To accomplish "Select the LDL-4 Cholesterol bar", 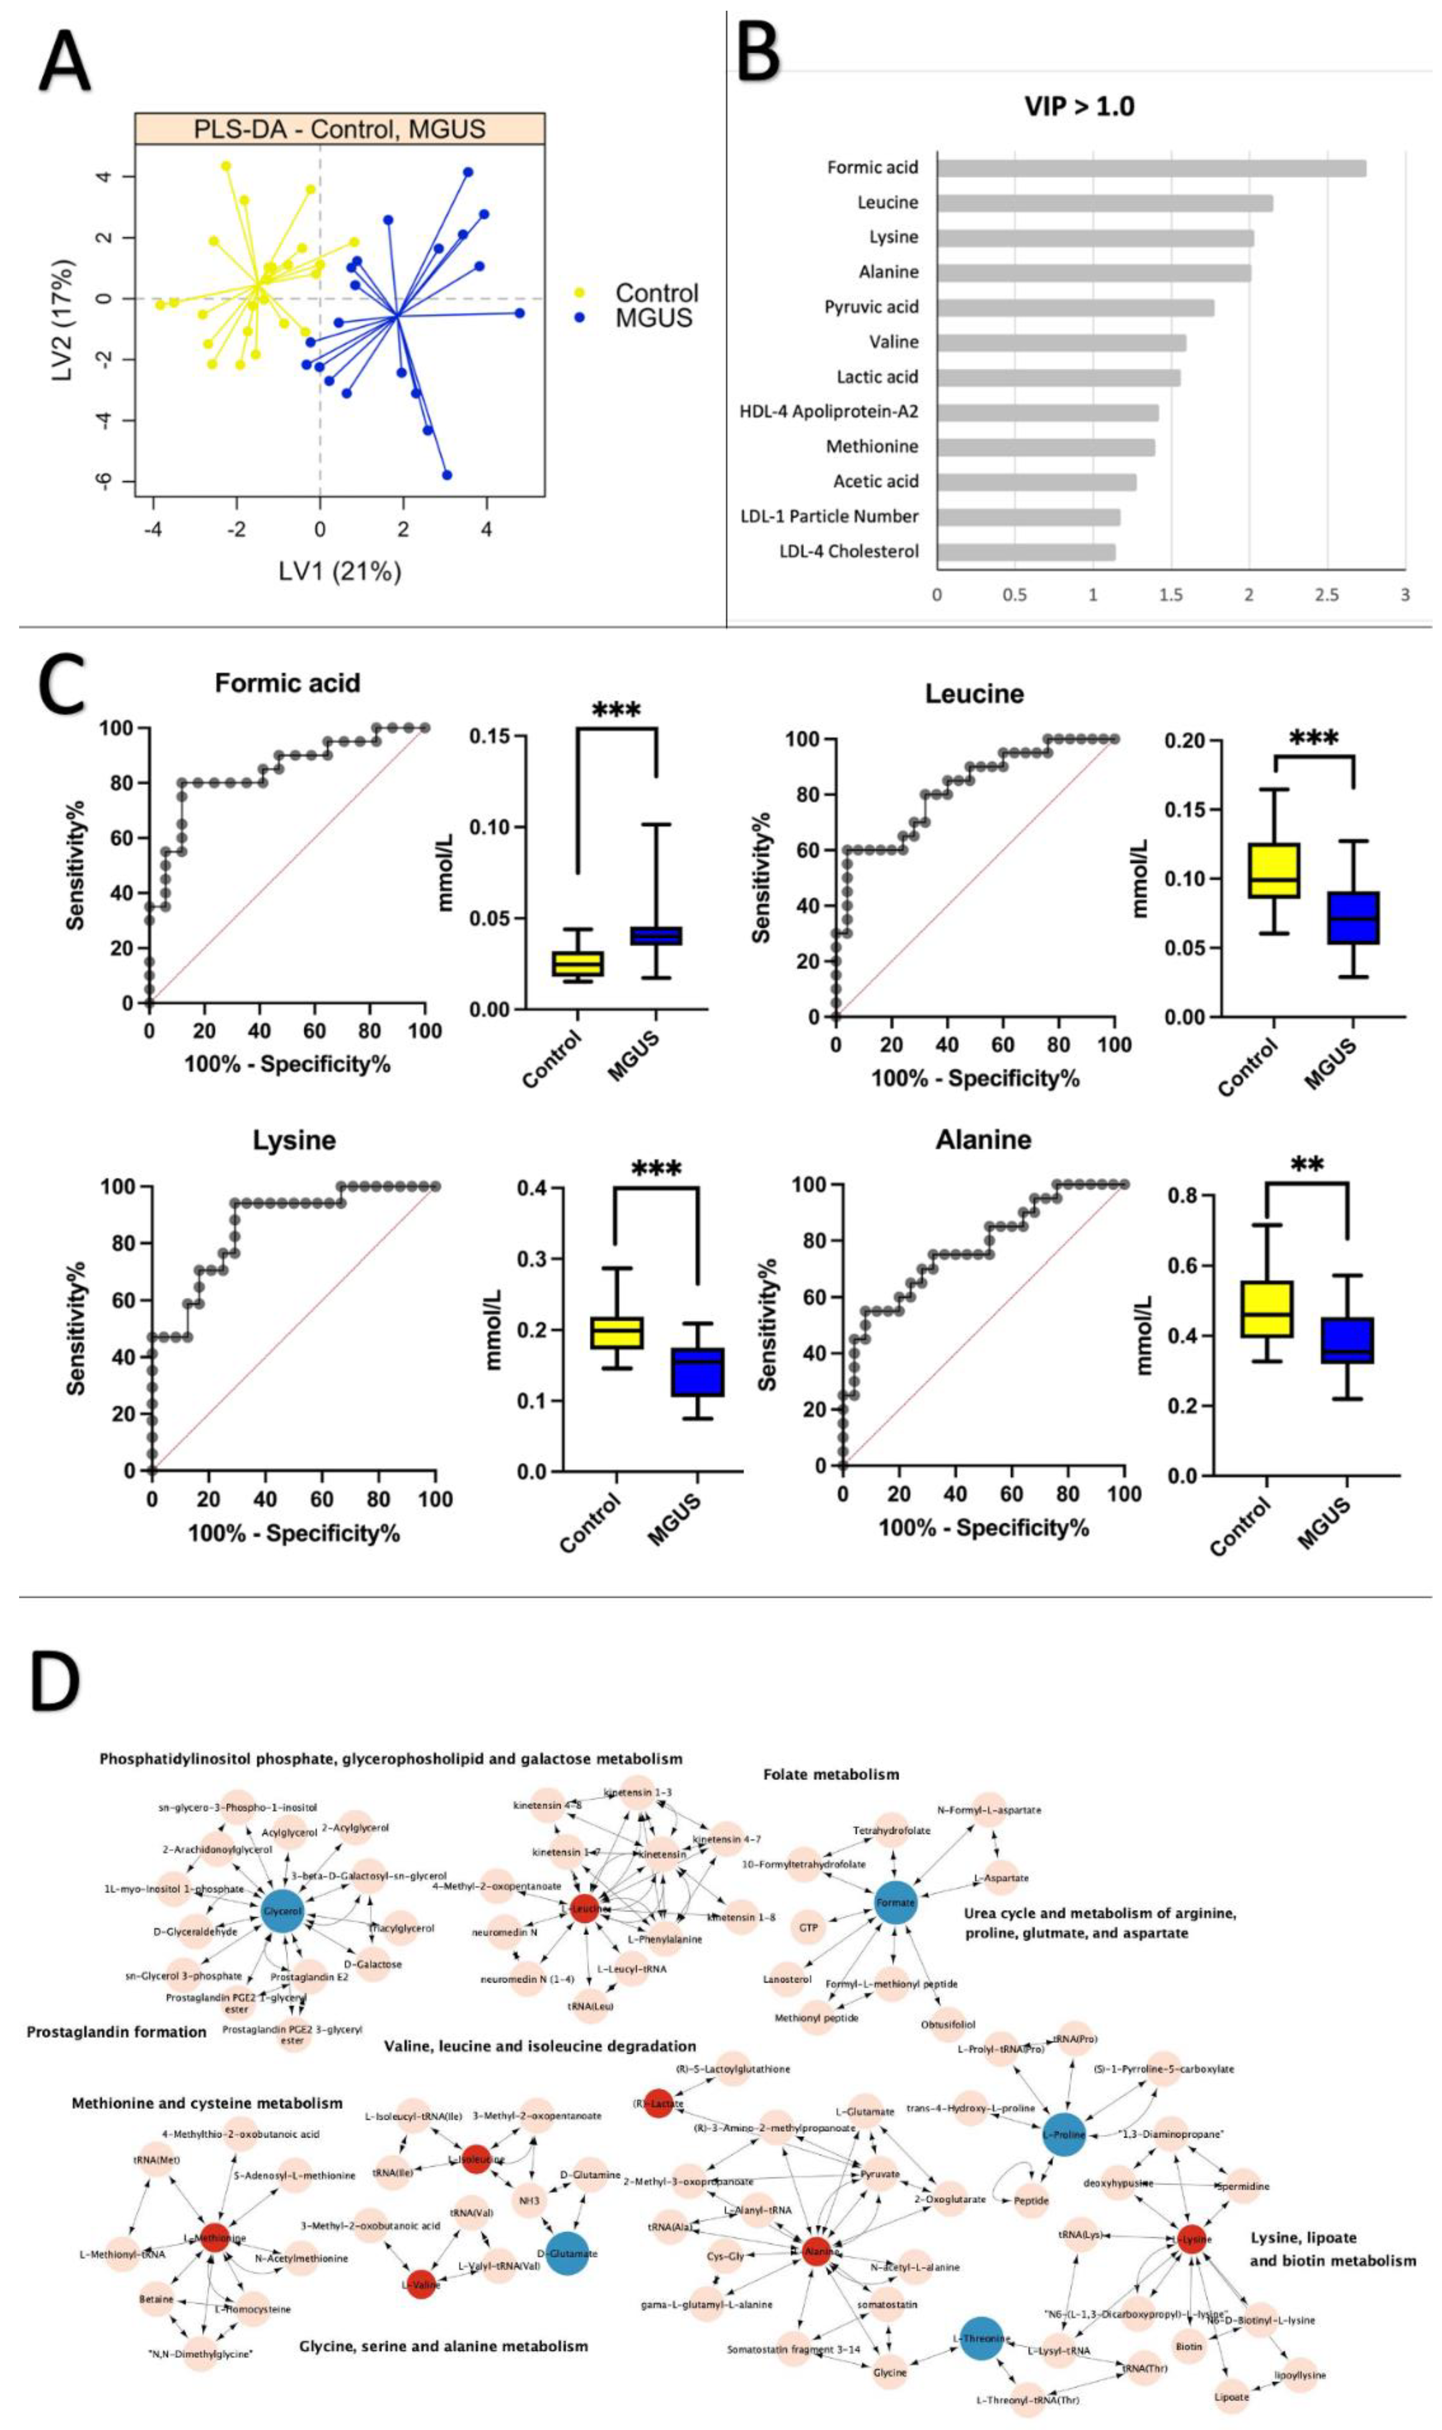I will (x=1025, y=552).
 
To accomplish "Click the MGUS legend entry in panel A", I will (x=653, y=318).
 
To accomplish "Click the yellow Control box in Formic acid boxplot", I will (x=578, y=963).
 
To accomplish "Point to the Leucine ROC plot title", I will (x=973, y=694).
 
